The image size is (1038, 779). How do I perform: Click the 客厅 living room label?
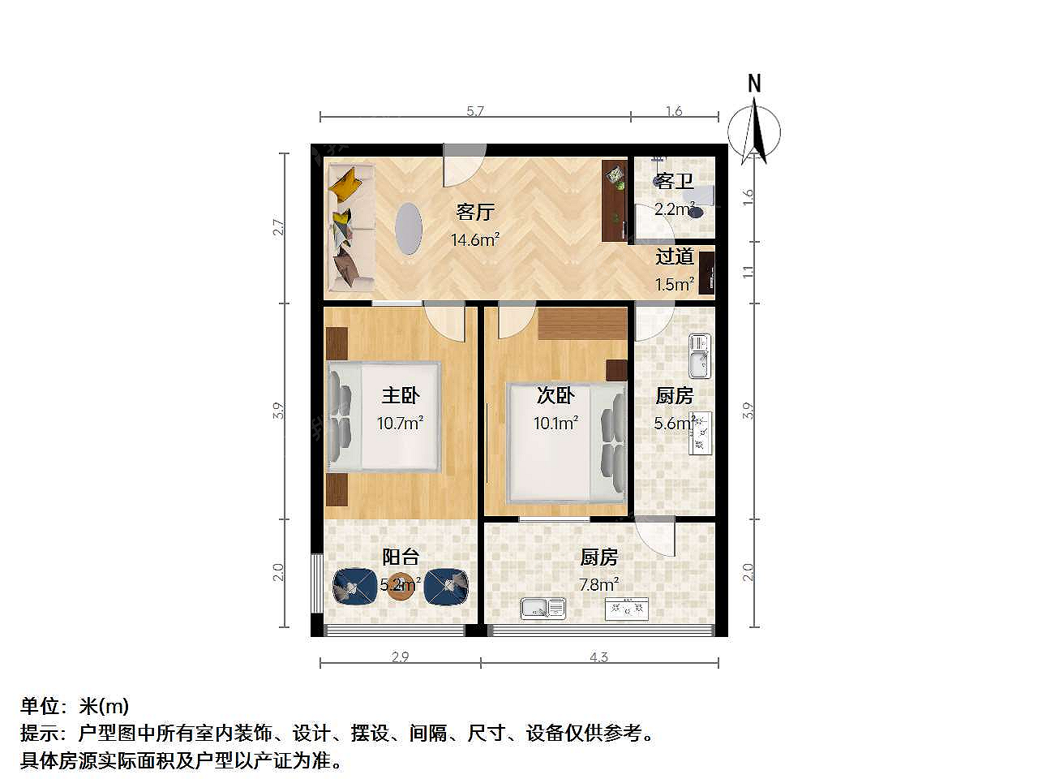click(x=474, y=212)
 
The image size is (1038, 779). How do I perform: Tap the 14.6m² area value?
click(x=474, y=240)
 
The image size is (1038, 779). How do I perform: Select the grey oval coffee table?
click(x=408, y=230)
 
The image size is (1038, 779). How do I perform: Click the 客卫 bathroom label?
click(x=673, y=181)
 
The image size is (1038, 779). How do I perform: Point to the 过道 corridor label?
click(x=675, y=256)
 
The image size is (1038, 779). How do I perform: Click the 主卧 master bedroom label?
click(x=400, y=395)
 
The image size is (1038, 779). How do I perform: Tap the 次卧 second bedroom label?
click(x=555, y=395)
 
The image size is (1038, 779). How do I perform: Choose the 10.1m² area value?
click(x=555, y=423)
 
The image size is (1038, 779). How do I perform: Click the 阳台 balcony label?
click(x=401, y=557)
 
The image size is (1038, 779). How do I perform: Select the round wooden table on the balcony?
click(x=400, y=587)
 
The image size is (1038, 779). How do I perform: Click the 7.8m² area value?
click(x=598, y=584)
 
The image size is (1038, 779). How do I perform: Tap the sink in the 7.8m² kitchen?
click(x=543, y=609)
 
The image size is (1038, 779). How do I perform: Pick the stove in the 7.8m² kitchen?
click(x=627, y=609)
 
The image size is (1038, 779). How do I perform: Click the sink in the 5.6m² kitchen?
click(x=700, y=356)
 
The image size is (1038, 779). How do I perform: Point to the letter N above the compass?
click(x=754, y=84)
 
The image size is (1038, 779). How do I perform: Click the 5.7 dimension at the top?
click(x=474, y=111)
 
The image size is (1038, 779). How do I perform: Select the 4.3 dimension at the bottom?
click(x=598, y=657)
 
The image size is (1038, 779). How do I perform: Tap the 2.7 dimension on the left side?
click(x=278, y=228)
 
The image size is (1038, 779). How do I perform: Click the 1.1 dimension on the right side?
click(x=747, y=273)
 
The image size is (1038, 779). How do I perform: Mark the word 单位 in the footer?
click(x=39, y=706)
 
